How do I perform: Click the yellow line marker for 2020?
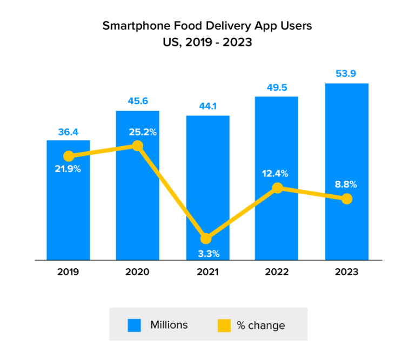(138, 146)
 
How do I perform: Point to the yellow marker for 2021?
(206, 239)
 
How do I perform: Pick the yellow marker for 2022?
(277, 188)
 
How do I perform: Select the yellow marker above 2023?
(347, 199)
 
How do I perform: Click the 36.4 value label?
(68, 132)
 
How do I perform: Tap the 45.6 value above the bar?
(138, 101)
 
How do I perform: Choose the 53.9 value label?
(346, 74)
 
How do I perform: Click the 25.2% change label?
(143, 132)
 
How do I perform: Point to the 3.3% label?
(207, 253)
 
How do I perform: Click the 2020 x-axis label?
(138, 272)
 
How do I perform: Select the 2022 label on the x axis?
(277, 272)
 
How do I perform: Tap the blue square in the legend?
(135, 325)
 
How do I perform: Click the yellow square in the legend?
(224, 325)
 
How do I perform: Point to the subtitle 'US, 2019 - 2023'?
(207, 42)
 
